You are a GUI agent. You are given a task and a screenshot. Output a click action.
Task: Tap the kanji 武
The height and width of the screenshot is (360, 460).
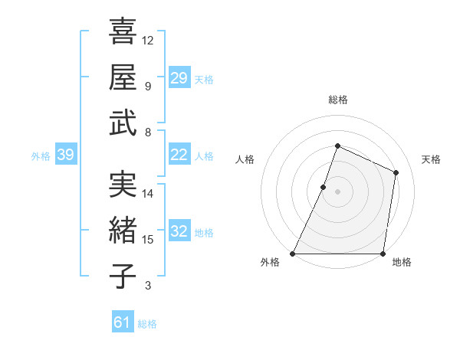click(x=123, y=123)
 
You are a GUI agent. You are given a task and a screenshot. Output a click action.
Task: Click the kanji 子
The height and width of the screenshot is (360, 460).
click(x=123, y=276)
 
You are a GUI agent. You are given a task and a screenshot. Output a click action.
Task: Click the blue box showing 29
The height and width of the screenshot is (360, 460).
click(x=179, y=77)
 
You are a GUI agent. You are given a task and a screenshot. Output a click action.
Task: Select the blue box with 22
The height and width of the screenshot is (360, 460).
click(x=179, y=155)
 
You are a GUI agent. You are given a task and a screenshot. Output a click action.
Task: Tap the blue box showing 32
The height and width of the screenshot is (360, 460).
click(x=179, y=231)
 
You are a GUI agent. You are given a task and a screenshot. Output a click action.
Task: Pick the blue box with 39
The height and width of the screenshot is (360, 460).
click(x=65, y=155)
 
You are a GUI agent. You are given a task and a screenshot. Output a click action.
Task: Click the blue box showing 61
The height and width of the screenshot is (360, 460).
click(x=123, y=322)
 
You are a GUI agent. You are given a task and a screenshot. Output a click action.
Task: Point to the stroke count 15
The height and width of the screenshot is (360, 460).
click(x=148, y=240)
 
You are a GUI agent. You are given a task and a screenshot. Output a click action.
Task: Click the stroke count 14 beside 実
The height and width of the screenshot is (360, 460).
click(x=148, y=194)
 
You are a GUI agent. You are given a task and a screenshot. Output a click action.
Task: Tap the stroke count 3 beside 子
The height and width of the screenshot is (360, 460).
click(x=148, y=286)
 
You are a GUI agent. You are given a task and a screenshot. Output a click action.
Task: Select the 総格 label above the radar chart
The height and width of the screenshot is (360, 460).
click(x=337, y=100)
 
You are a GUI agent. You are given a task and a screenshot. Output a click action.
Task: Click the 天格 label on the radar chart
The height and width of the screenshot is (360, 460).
click(x=431, y=159)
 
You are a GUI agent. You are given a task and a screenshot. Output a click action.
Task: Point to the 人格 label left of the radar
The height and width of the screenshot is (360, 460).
click(x=245, y=159)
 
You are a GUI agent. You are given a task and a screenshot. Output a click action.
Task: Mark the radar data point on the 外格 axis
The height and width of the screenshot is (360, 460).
click(x=293, y=254)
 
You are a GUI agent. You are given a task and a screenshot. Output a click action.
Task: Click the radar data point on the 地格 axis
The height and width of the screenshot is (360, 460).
click(x=382, y=254)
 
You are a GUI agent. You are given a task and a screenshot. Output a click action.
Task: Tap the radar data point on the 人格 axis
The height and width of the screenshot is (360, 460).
click(x=324, y=187)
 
